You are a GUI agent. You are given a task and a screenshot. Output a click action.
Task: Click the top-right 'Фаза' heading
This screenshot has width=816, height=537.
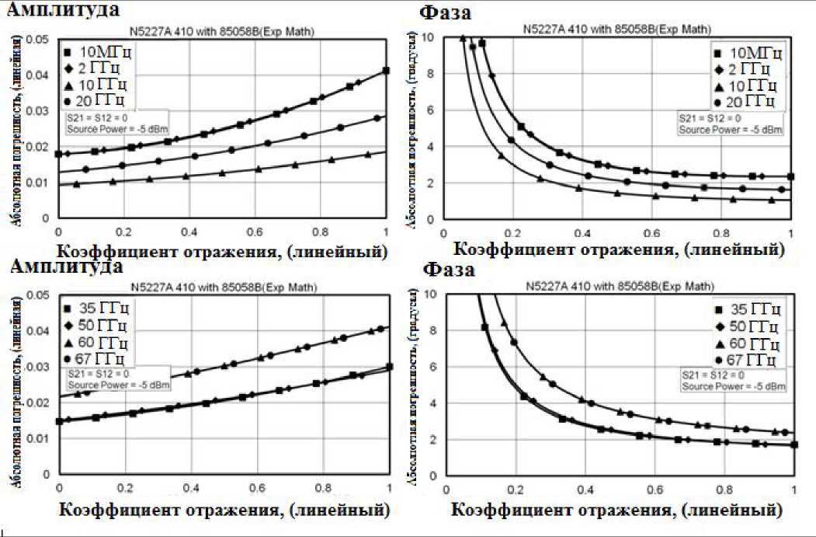pos(446,13)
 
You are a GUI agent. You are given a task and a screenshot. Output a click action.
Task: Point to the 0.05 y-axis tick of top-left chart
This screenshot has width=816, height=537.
pos(38,39)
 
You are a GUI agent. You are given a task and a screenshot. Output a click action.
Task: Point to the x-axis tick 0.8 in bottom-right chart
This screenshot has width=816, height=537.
pos(724,490)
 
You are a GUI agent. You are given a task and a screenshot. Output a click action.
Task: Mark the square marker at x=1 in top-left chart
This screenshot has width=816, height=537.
pos(387,71)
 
